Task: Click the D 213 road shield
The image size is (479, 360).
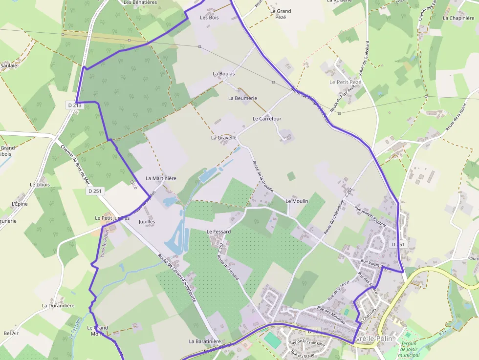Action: pyautogui.click(x=75, y=105)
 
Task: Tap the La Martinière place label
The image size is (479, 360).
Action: pyautogui.click(x=161, y=178)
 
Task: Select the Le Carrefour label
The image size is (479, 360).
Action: pyautogui.click(x=267, y=119)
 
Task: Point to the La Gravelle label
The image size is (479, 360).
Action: pyautogui.click(x=224, y=138)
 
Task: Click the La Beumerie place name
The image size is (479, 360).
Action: pyautogui.click(x=242, y=98)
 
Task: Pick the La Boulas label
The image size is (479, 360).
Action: pyautogui.click(x=223, y=74)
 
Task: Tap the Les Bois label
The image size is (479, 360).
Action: pyautogui.click(x=209, y=18)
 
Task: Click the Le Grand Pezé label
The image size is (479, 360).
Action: pyautogui.click(x=281, y=14)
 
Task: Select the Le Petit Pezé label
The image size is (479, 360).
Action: pyautogui.click(x=346, y=82)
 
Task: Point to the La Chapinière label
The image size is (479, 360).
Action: pyautogui.click(x=458, y=18)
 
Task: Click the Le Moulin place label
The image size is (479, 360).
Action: pyautogui.click(x=297, y=201)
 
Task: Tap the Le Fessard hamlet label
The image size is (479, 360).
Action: pyautogui.click(x=218, y=232)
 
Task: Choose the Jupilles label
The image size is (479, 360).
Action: pyautogui.click(x=147, y=222)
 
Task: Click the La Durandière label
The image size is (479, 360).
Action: pyautogui.click(x=58, y=306)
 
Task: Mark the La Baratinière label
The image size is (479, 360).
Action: pyautogui.click(x=205, y=341)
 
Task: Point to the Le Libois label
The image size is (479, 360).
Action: pyautogui.click(x=40, y=185)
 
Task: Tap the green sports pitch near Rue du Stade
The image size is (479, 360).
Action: pyautogui.click(x=273, y=340)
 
